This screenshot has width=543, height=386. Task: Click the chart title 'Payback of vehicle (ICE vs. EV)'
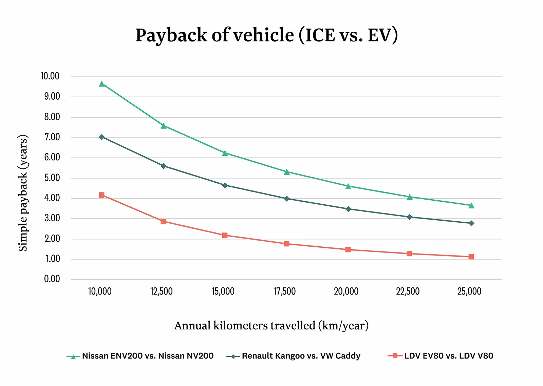click(x=266, y=35)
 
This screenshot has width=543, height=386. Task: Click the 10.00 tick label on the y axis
click(x=50, y=76)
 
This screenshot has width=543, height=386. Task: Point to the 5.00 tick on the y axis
click(x=52, y=178)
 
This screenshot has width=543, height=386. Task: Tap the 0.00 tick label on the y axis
click(x=52, y=279)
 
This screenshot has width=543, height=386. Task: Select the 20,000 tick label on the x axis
click(x=346, y=291)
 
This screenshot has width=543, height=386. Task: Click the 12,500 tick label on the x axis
click(x=162, y=291)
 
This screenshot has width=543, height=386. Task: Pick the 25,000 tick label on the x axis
click(x=469, y=291)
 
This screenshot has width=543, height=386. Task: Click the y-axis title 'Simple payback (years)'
click(x=23, y=193)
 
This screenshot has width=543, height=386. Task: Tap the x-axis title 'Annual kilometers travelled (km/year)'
click(x=271, y=326)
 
